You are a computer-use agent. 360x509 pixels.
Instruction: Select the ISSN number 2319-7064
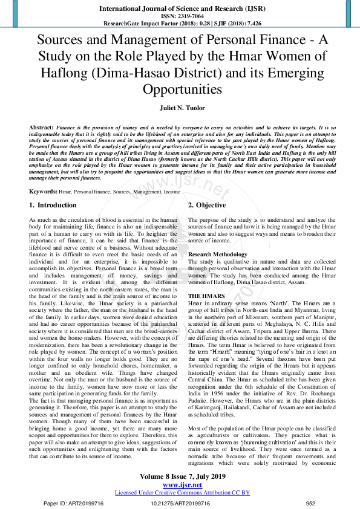click(189, 16)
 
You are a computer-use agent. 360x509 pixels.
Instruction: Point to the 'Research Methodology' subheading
click(218, 254)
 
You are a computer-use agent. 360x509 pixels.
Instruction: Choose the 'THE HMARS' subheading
click(206, 294)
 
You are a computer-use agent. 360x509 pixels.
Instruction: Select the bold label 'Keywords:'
click(43, 174)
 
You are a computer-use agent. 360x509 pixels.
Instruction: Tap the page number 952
click(311, 502)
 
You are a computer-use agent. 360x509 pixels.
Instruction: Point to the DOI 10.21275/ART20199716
click(180, 502)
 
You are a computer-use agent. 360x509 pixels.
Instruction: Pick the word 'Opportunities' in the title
click(180, 89)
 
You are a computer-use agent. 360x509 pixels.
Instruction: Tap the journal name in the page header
click(180, 8)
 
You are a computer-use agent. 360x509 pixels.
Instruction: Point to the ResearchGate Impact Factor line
click(180, 24)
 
